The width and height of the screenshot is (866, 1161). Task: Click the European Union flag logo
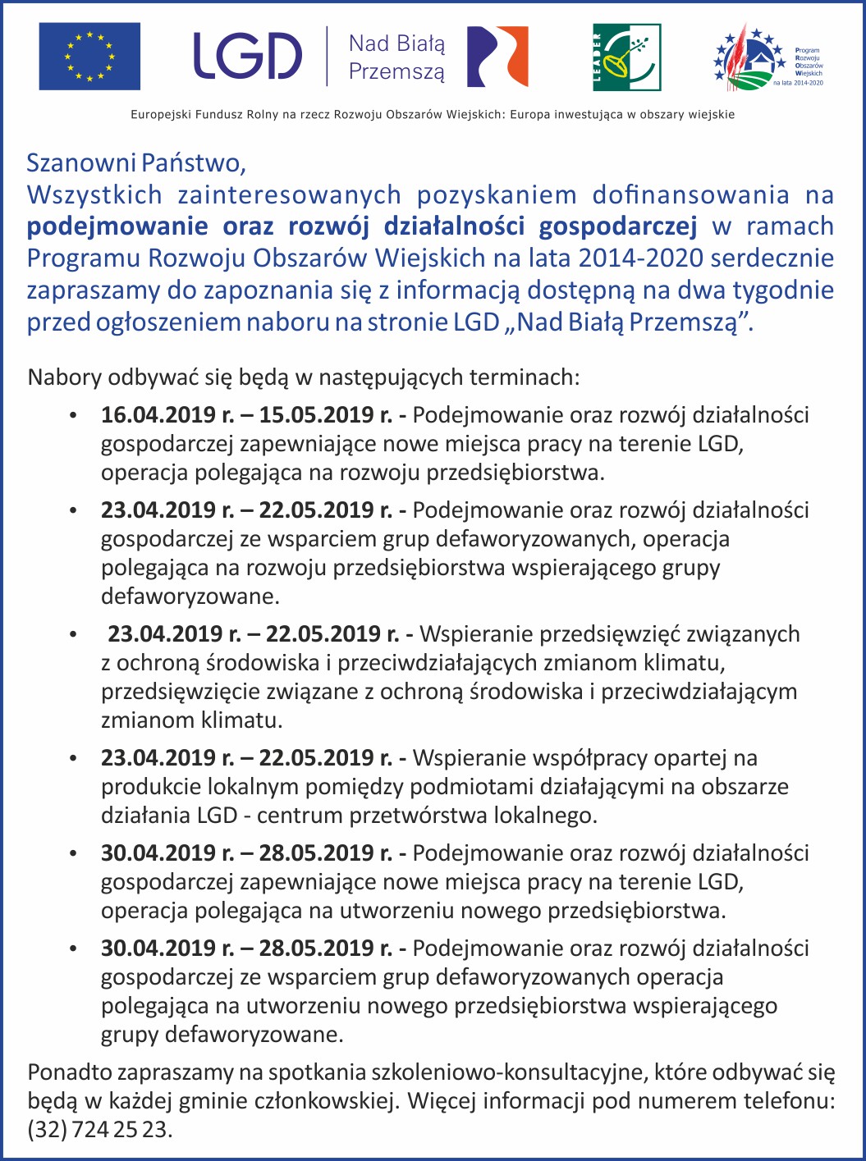(89, 57)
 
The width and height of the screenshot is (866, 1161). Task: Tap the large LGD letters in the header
(247, 57)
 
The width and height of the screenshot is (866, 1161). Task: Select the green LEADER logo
(626, 57)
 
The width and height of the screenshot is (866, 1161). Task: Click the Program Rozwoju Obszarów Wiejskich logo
(767, 57)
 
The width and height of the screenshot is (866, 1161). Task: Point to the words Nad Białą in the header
(396, 43)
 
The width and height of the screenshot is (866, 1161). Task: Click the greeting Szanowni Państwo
(136, 162)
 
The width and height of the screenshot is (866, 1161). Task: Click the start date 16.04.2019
(159, 415)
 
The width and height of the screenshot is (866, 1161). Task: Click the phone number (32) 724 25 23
(100, 1130)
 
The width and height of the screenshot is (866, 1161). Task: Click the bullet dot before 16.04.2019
(74, 416)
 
